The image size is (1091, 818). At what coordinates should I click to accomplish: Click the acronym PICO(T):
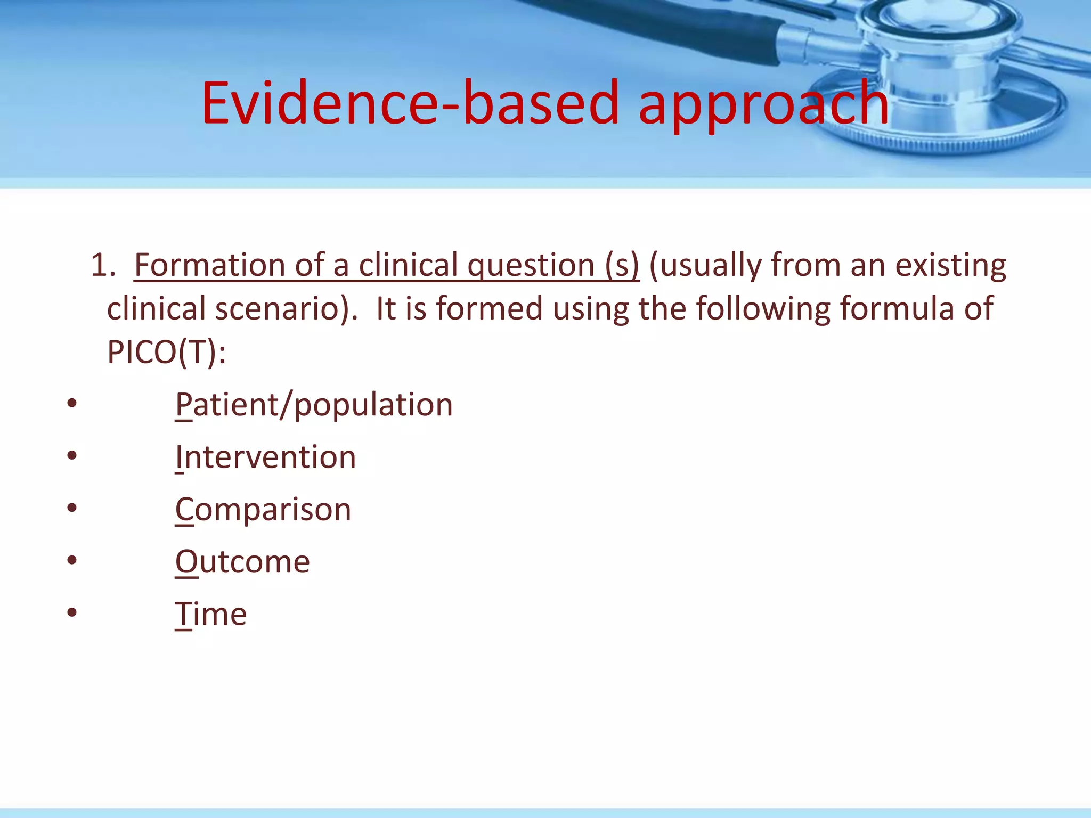tap(166, 353)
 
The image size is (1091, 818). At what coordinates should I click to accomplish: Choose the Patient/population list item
tap(314, 405)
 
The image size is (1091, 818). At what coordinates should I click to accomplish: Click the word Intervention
tap(265, 457)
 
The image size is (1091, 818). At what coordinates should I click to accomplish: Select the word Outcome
tap(242, 562)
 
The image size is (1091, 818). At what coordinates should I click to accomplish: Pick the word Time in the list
tap(211, 615)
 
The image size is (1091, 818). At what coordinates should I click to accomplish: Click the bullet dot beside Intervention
tap(72, 455)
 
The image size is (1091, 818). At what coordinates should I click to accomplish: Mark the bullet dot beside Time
tap(72, 612)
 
